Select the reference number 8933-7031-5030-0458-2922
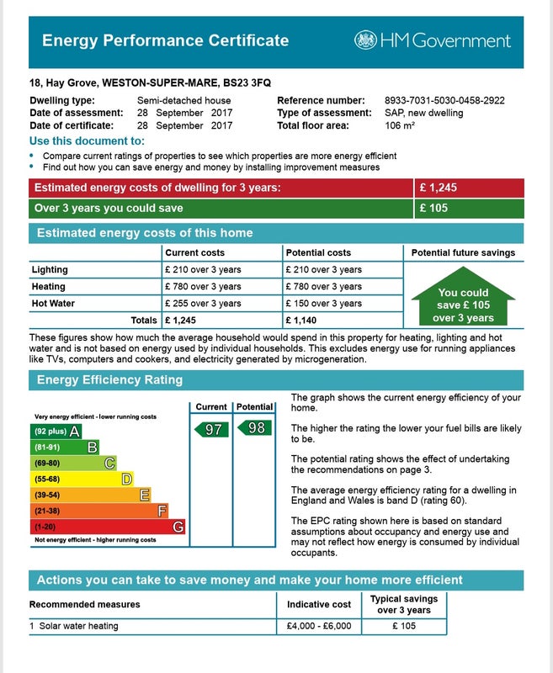point(444,100)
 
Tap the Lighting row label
point(50,270)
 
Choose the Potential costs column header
point(318,252)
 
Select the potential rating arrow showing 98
point(254,428)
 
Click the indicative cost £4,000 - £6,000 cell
point(320,626)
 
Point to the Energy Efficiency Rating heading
point(109,379)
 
